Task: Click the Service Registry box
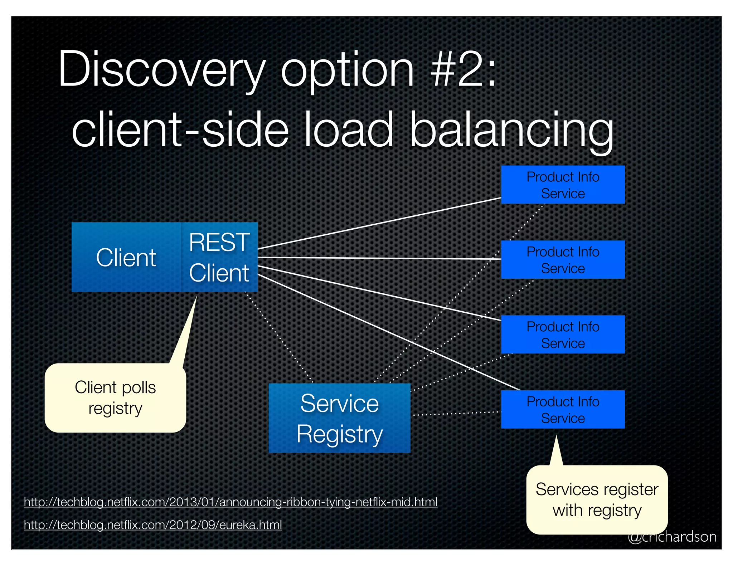[x=339, y=418]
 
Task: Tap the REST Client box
[x=219, y=257]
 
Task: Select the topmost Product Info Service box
[x=563, y=185]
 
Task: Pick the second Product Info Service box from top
[x=563, y=260]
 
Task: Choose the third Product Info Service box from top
[x=563, y=335]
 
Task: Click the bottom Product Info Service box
[x=563, y=409]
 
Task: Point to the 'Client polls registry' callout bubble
[x=115, y=398]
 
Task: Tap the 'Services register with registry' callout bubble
[x=597, y=500]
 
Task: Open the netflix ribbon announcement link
[x=230, y=502]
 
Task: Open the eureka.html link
[x=153, y=525]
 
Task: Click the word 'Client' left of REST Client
[x=126, y=257]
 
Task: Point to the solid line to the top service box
[x=379, y=223]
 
